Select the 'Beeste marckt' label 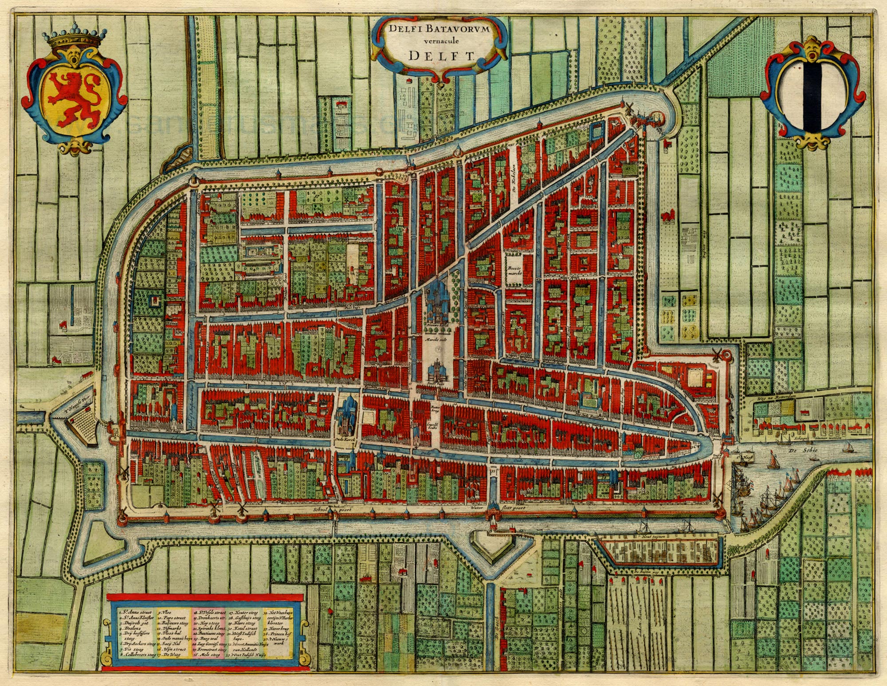tap(514, 270)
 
